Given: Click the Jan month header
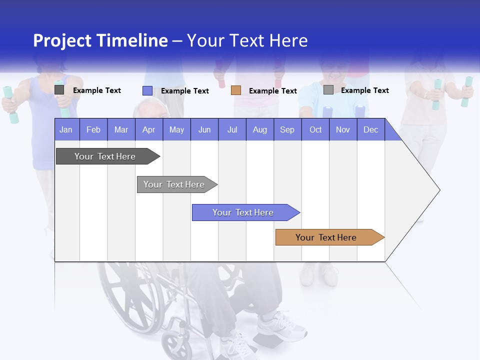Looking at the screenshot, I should tap(66, 129).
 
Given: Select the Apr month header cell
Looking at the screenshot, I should tap(148, 129).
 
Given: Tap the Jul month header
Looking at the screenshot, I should tap(232, 129).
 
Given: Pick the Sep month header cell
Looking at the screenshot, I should tap(287, 129).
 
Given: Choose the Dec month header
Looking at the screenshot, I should tap(370, 129).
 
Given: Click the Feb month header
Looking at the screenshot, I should tap(93, 129).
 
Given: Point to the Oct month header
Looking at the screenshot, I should tap(315, 129).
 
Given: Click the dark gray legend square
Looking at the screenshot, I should tap(59, 90).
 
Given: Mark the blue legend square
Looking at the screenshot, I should tap(147, 90).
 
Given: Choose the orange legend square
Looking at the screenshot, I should tap(236, 90).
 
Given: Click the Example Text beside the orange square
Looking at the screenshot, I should tap(272, 91).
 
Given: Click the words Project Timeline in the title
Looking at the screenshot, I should tap(100, 40).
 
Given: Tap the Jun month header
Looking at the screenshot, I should tap(204, 129).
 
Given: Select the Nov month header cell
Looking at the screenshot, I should tap(343, 129).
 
